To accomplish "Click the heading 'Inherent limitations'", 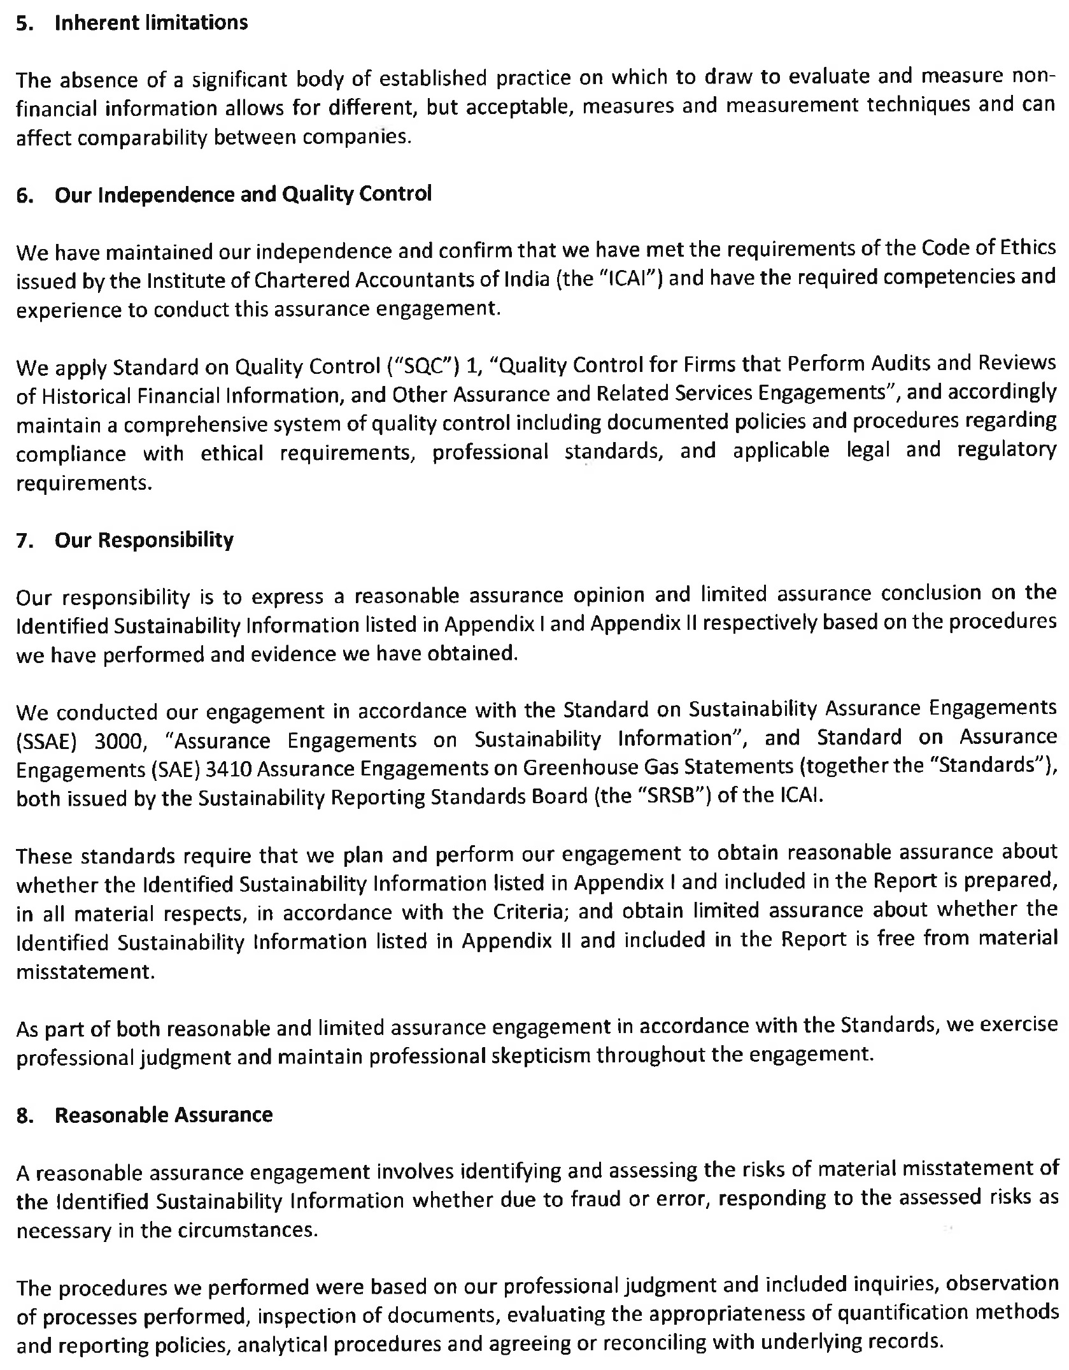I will click(151, 23).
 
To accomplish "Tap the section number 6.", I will click(24, 195).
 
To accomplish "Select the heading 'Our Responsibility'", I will click(144, 540).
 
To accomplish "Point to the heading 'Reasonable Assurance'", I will click(164, 1115).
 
